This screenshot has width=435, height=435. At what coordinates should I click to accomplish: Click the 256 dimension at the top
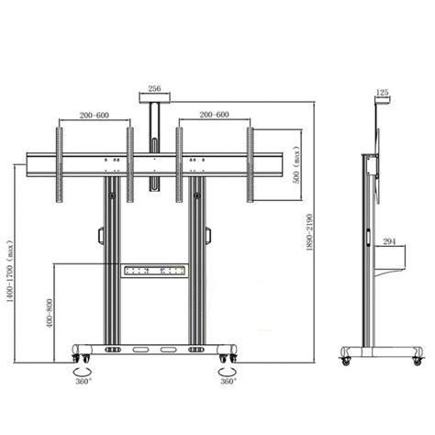[x=153, y=89]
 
